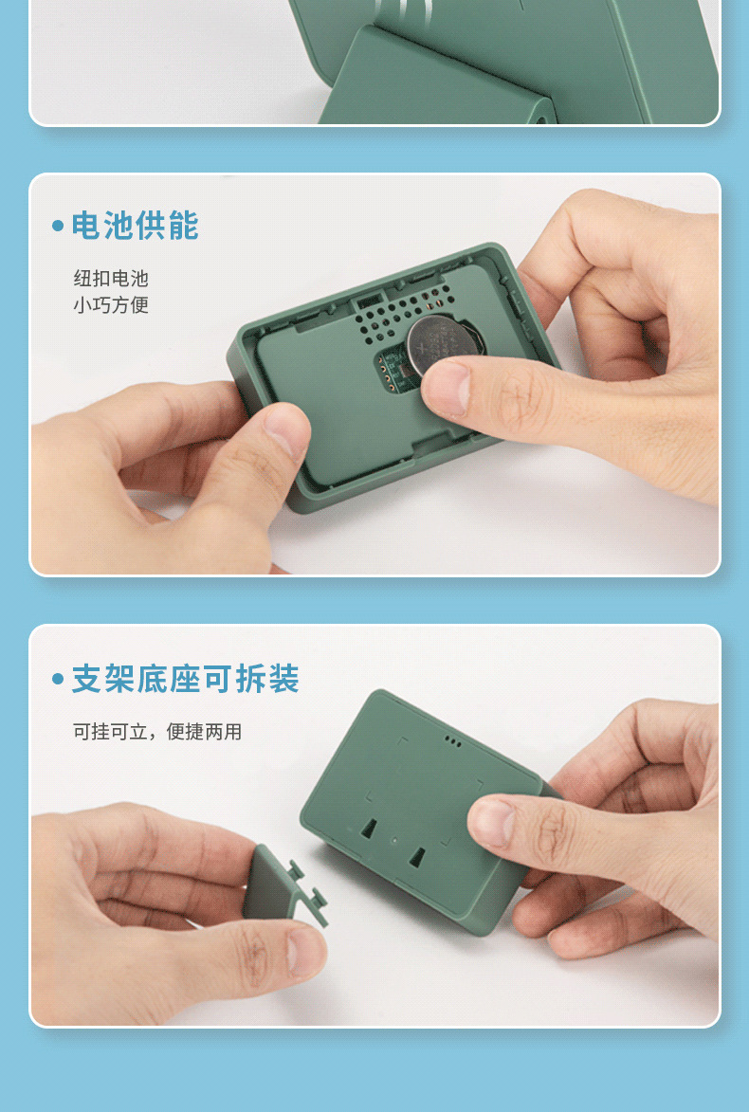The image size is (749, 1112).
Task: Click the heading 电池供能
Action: point(135,226)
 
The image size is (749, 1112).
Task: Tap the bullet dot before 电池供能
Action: point(58,227)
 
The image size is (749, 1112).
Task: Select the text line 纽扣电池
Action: point(111,278)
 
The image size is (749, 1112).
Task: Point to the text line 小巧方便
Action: point(111,305)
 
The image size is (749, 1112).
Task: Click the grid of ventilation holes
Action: point(403,312)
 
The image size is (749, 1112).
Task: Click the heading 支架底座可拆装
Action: point(185,679)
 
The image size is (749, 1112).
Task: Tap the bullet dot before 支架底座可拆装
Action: point(58,679)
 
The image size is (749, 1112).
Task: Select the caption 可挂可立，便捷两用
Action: point(157,731)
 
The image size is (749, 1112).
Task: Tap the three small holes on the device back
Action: point(452,742)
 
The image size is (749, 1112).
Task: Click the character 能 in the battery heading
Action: point(183,226)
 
